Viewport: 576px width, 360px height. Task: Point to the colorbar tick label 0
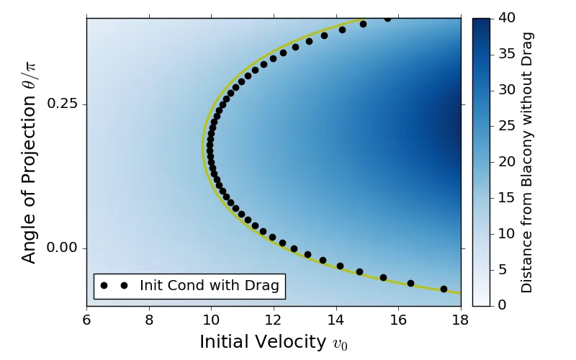(x=501, y=305)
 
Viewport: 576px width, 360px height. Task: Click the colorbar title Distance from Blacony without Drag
(x=527, y=162)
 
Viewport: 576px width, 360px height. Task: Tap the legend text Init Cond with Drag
(x=210, y=286)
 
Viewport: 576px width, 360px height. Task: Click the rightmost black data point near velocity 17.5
(x=444, y=289)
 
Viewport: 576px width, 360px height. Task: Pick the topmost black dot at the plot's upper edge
(x=387, y=18)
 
